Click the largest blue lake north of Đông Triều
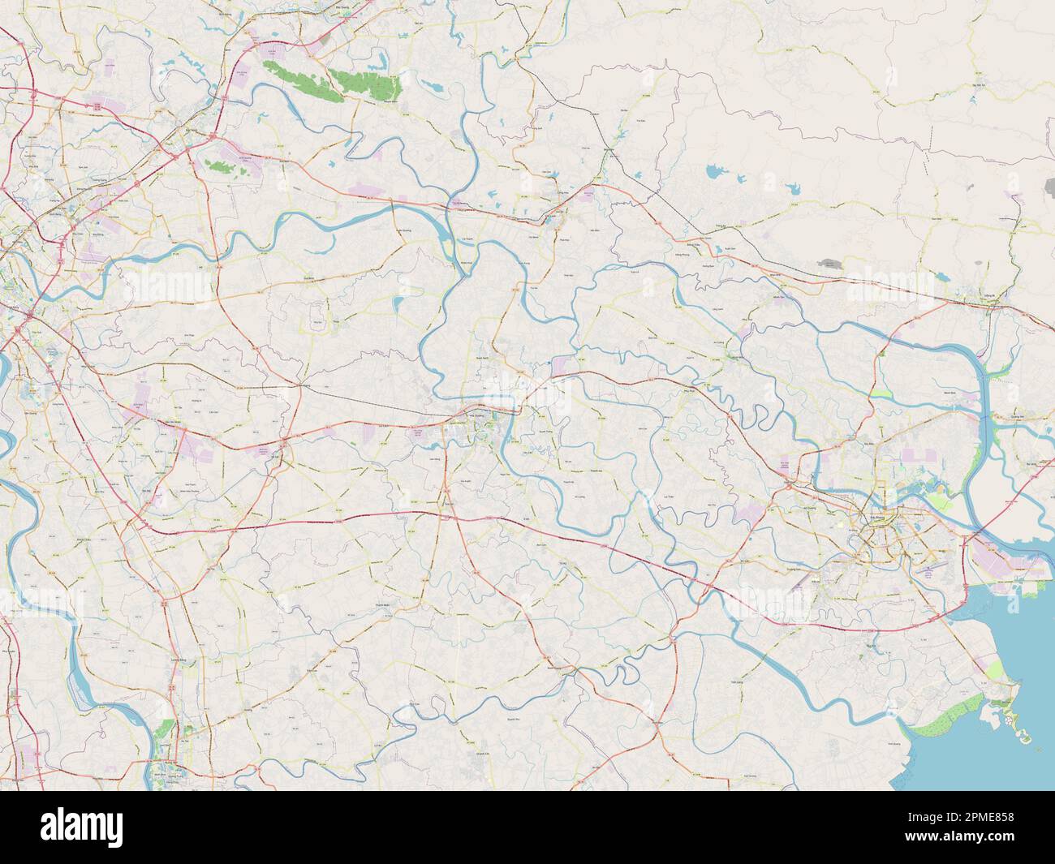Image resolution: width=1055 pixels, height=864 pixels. [x=714, y=172]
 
